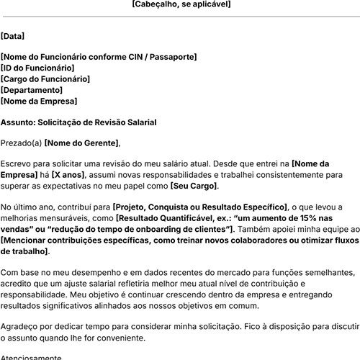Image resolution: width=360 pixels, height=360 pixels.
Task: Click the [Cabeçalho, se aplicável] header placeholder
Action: pyautogui.click(x=181, y=4)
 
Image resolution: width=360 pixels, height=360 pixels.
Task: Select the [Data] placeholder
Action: pyautogui.click(x=12, y=35)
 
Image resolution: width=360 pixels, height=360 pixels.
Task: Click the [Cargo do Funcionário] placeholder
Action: pyautogui.click(x=45, y=78)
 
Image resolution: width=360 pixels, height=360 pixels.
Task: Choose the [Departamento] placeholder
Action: pyautogui.click(x=32, y=90)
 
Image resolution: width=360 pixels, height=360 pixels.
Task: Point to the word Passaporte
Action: pyautogui.click(x=170, y=57)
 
